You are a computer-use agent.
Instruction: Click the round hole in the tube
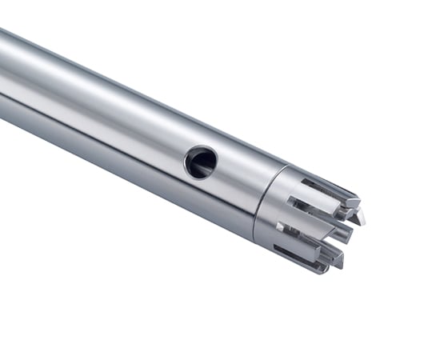click(201, 162)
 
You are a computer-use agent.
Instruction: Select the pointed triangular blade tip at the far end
click(360, 217)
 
